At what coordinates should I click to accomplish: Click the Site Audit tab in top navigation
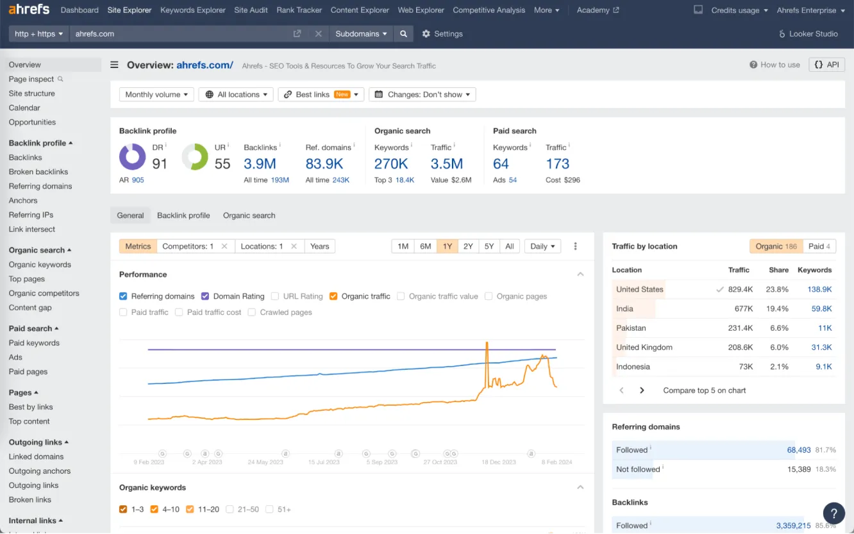(251, 10)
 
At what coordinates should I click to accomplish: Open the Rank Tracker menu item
(299, 10)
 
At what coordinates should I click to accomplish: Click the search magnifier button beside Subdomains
(403, 34)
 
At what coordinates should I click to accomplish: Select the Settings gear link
(442, 34)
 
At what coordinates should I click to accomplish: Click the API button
(826, 65)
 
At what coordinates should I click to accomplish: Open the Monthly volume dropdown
(156, 94)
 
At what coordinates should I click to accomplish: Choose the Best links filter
(321, 94)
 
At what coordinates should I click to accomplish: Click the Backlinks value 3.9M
(260, 164)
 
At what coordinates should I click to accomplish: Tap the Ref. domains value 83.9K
(324, 164)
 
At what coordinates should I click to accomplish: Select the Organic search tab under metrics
(249, 215)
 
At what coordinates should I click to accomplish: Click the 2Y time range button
(468, 246)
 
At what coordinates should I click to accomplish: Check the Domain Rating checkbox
(205, 296)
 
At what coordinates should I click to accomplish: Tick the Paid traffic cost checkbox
(179, 312)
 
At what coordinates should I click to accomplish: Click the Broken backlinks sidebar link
(38, 172)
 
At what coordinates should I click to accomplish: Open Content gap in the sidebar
(30, 308)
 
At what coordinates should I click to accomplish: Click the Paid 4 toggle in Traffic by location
(819, 246)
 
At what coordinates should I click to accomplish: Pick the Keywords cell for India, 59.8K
(821, 309)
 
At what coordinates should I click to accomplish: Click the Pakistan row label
(631, 328)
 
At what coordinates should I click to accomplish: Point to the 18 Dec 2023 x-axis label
(498, 462)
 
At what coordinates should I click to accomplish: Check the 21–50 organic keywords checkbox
(231, 510)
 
